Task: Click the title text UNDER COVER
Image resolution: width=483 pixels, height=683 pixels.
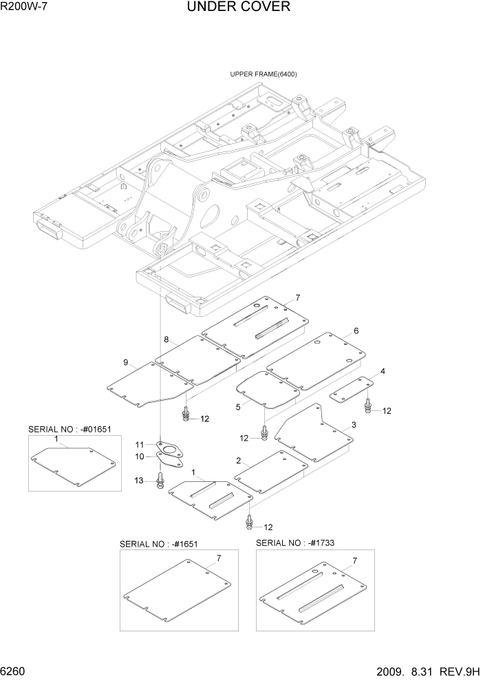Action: click(238, 8)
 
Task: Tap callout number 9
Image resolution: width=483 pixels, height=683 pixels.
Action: click(126, 363)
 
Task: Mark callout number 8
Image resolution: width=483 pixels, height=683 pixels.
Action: click(166, 339)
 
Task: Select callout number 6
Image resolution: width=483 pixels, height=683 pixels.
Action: click(356, 331)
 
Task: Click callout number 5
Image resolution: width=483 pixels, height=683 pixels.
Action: click(238, 407)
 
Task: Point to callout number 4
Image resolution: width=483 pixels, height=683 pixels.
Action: click(383, 372)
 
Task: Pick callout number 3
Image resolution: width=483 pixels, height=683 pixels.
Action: click(353, 425)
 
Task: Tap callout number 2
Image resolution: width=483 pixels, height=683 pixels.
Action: click(238, 461)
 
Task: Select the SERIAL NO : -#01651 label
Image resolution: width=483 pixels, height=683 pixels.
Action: click(69, 429)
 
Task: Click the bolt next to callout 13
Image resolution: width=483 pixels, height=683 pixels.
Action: click(160, 480)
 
